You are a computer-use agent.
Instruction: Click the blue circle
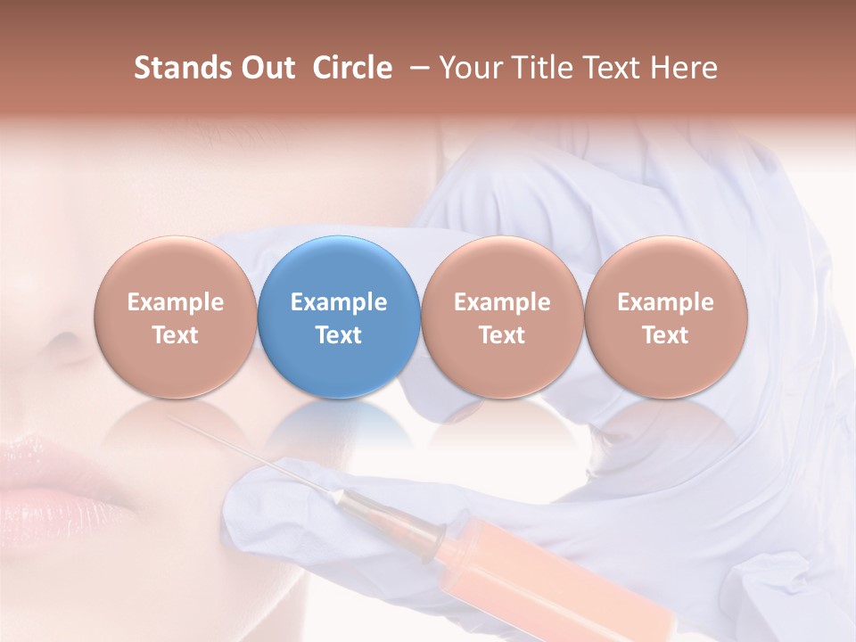pos(339,317)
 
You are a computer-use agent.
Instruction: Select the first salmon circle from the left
pos(176,317)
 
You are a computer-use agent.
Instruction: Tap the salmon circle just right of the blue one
pos(502,317)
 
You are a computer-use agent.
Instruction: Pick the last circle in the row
pos(665,317)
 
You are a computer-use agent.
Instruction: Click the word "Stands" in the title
pos(182,68)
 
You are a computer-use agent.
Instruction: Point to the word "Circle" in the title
pos(352,68)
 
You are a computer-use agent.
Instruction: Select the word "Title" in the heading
pos(545,68)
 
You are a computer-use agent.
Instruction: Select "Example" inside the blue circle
pos(339,302)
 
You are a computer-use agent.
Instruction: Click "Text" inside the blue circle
pos(339,335)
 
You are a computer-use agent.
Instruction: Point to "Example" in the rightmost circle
pos(665,302)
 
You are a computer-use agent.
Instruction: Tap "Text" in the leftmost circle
pos(176,335)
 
